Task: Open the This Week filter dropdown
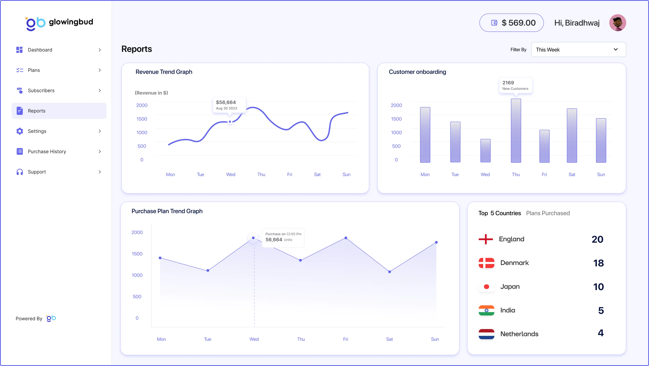tap(578, 50)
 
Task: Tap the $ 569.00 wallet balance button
tap(511, 23)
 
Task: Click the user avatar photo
tap(617, 23)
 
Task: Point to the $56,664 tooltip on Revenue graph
tap(229, 105)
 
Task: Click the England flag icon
tap(486, 239)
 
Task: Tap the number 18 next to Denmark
tap(598, 263)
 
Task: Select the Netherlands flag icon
tap(486, 334)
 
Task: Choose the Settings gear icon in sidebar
tap(20, 131)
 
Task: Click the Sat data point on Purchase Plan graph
tap(390, 272)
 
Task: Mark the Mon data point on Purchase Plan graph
tap(160, 258)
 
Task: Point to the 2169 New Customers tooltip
tap(515, 85)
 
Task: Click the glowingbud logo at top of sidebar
tap(59, 23)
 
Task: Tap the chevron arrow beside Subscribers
tap(100, 90)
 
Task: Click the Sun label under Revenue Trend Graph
tap(346, 175)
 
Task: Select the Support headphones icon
tap(20, 172)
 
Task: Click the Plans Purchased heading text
tap(548, 213)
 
